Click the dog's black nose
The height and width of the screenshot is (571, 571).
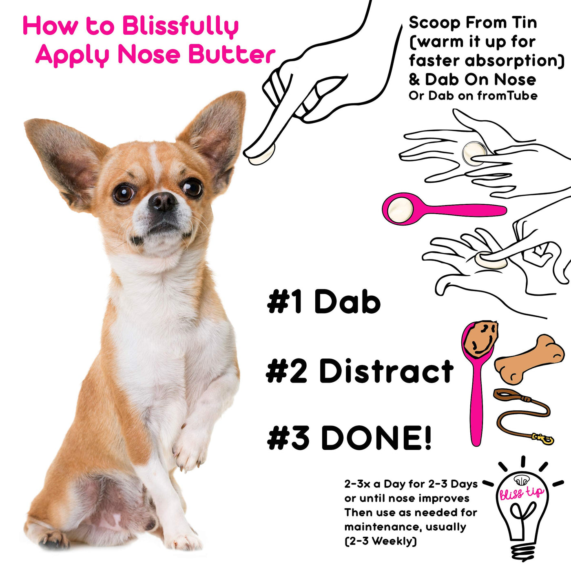pos(162,201)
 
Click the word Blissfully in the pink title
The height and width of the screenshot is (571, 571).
pos(180,27)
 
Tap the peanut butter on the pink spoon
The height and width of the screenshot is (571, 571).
pos(480,339)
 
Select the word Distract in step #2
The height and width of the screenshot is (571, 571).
pos(386,371)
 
